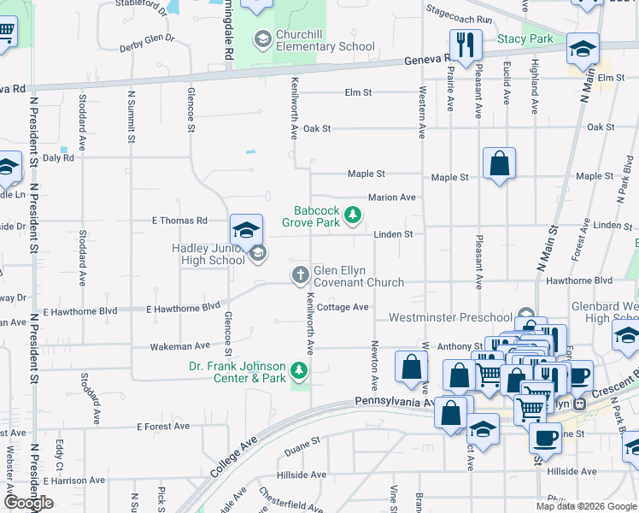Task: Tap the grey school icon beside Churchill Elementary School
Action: (x=262, y=39)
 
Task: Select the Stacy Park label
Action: (x=525, y=38)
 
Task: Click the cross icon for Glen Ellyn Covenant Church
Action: (x=300, y=274)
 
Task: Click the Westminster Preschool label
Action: (x=451, y=317)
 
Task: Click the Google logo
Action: (x=29, y=503)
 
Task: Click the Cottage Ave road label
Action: (x=343, y=307)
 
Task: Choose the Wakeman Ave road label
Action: (x=179, y=346)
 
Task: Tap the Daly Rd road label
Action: (x=58, y=157)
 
